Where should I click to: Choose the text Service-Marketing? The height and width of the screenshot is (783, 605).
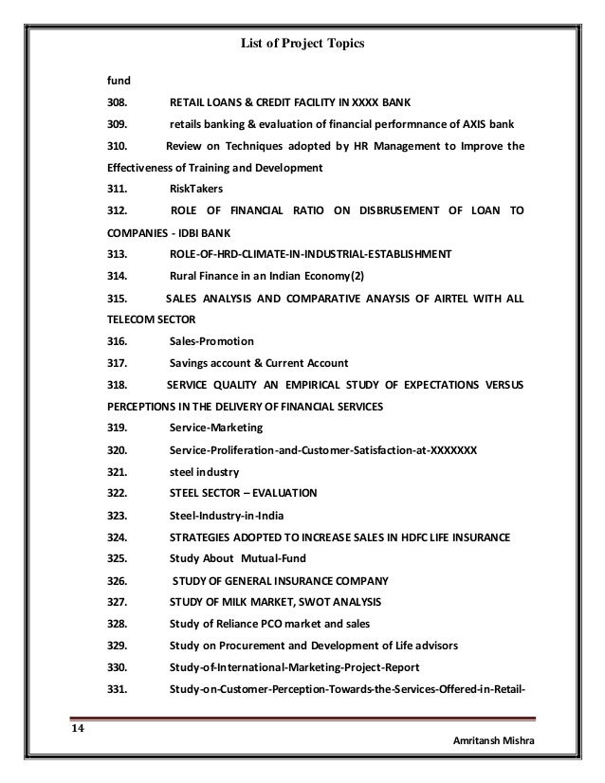pos(216,428)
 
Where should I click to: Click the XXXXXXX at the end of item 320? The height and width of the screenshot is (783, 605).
pos(453,450)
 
